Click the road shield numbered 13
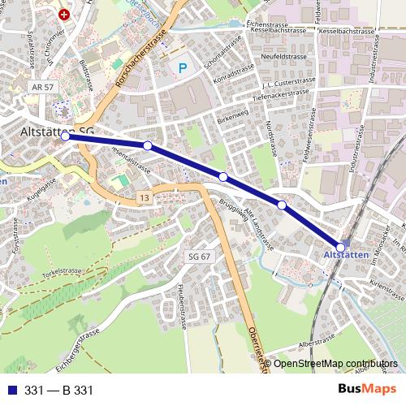click(x=144, y=198)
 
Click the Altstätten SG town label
click(x=57, y=131)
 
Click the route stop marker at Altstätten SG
click(x=65, y=137)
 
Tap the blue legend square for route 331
click(x=11, y=391)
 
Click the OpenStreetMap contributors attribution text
click(x=335, y=364)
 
